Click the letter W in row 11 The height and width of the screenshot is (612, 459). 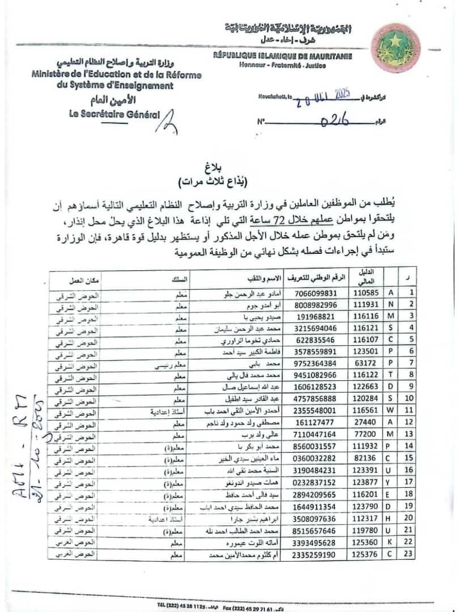click(x=390, y=411)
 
